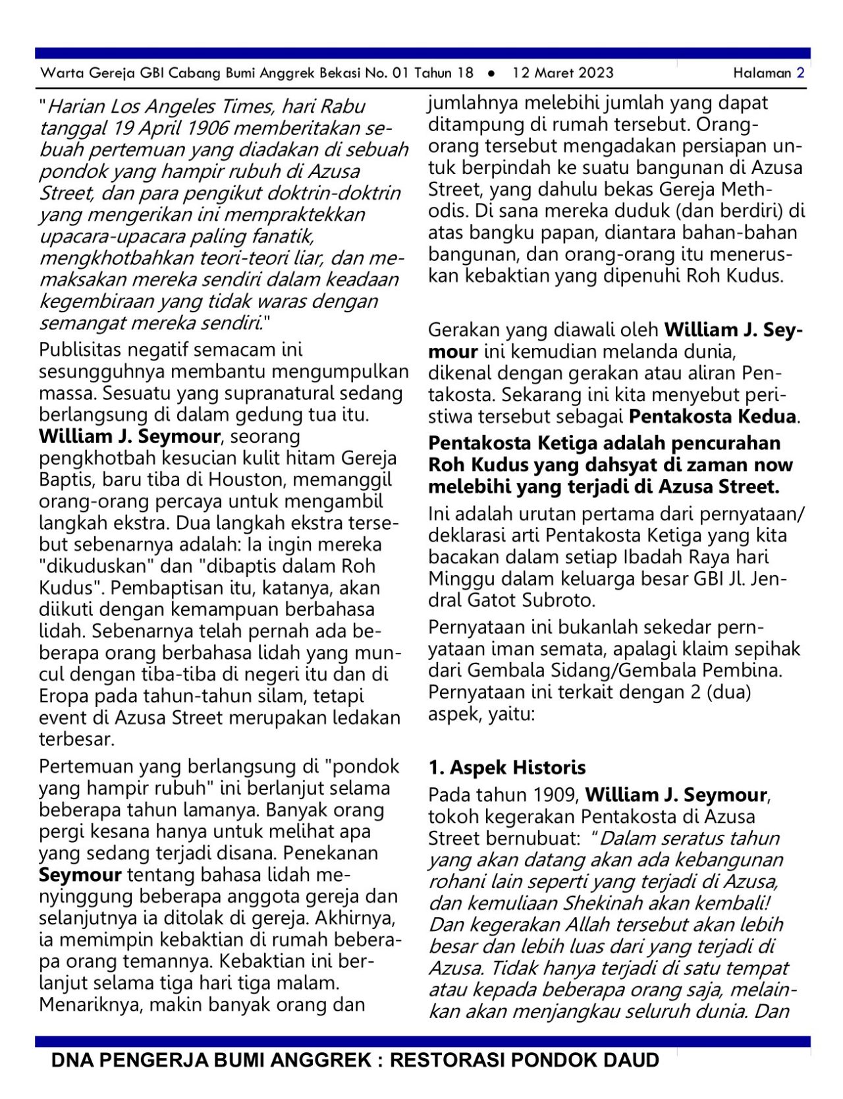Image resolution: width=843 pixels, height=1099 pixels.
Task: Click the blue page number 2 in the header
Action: [800, 72]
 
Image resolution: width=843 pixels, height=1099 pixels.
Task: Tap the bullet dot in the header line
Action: [491, 73]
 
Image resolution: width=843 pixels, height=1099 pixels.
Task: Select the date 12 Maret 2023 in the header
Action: [562, 72]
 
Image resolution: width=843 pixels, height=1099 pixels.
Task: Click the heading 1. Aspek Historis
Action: [506, 768]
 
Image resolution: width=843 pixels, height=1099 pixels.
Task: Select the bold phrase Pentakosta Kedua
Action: [712, 416]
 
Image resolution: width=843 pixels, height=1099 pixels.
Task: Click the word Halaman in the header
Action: [762, 72]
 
